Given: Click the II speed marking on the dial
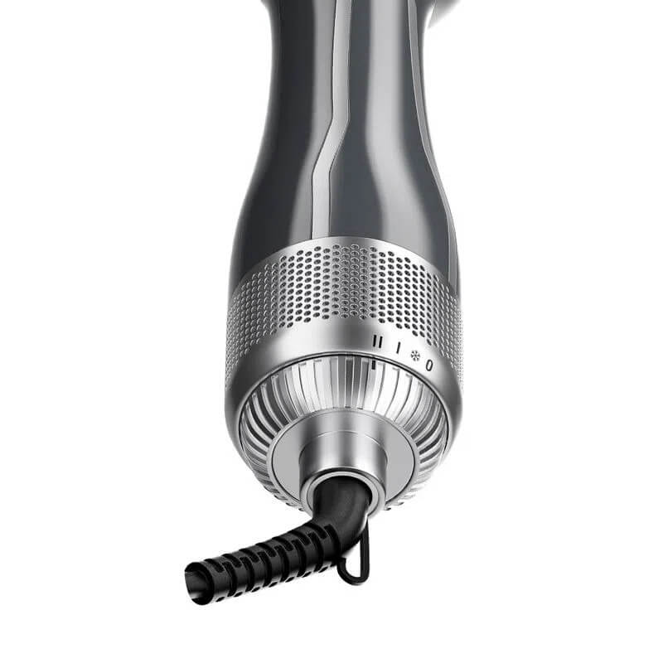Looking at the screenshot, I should click(x=380, y=341).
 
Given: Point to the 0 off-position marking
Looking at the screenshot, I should click(x=428, y=364).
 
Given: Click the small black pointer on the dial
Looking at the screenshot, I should click(x=375, y=362).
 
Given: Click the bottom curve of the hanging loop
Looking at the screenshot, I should click(x=352, y=578).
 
